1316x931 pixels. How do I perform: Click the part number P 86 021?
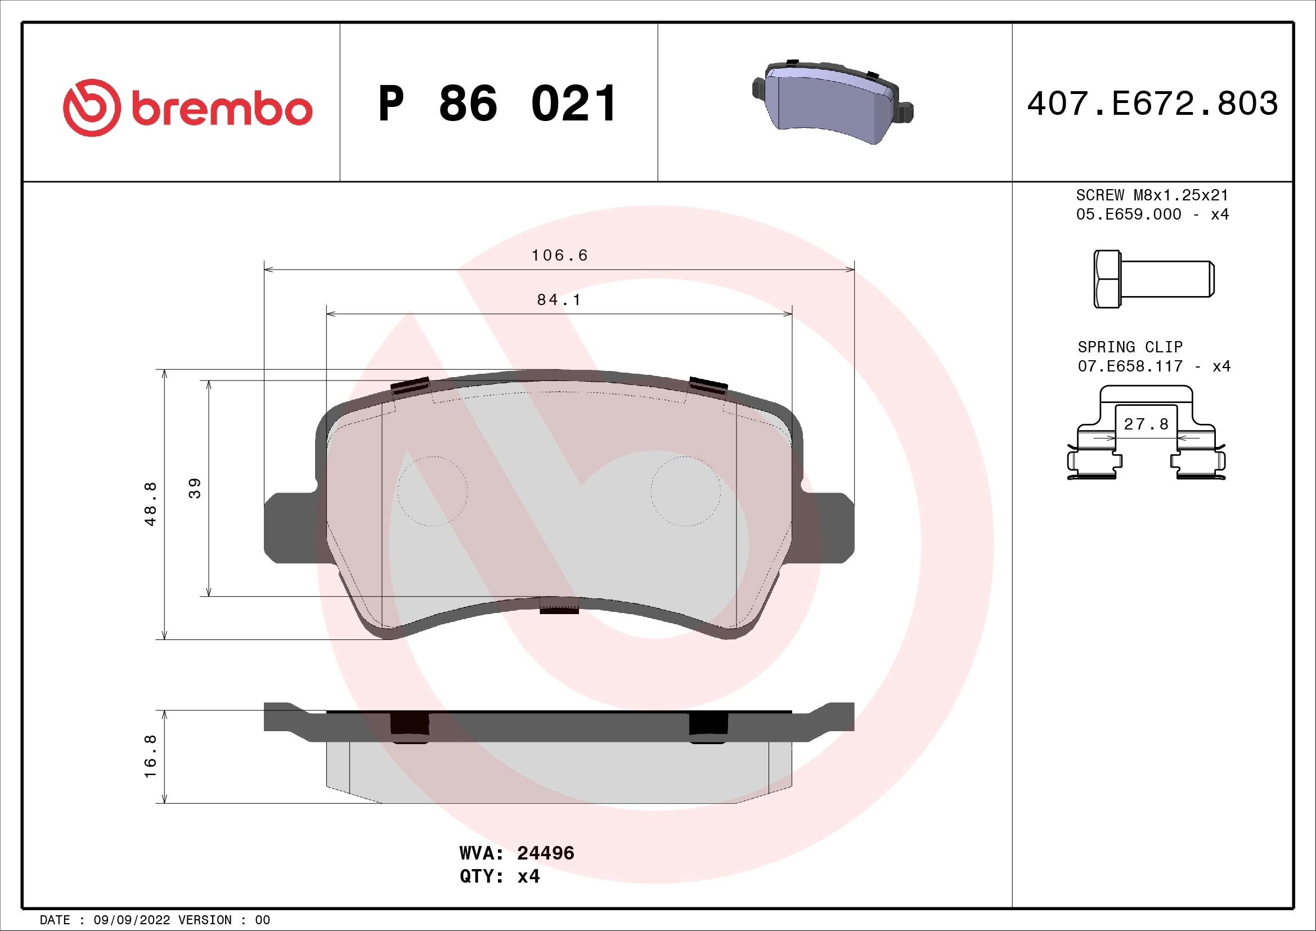pos(497,104)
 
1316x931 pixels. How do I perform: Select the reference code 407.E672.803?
pos(1152,104)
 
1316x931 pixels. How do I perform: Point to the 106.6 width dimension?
pos(559,255)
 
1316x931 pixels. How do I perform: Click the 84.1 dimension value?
pos(559,300)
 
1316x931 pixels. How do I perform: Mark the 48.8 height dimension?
pos(151,504)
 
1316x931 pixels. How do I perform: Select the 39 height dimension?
pos(195,488)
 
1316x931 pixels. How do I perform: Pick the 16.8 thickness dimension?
pos(151,757)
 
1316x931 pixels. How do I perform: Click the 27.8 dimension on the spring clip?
pos(1146,424)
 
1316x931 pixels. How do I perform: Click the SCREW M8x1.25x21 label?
pos(1152,195)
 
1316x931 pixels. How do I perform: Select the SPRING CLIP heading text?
pos(1130,347)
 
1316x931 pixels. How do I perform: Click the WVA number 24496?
pos(545,853)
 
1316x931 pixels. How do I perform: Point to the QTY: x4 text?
pos(499,876)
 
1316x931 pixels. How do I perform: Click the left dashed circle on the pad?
pos(432,491)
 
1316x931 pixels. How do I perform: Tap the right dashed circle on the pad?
pos(685,491)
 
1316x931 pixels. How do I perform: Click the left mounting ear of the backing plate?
pos(289,527)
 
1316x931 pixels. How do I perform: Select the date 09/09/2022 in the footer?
pos(131,920)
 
